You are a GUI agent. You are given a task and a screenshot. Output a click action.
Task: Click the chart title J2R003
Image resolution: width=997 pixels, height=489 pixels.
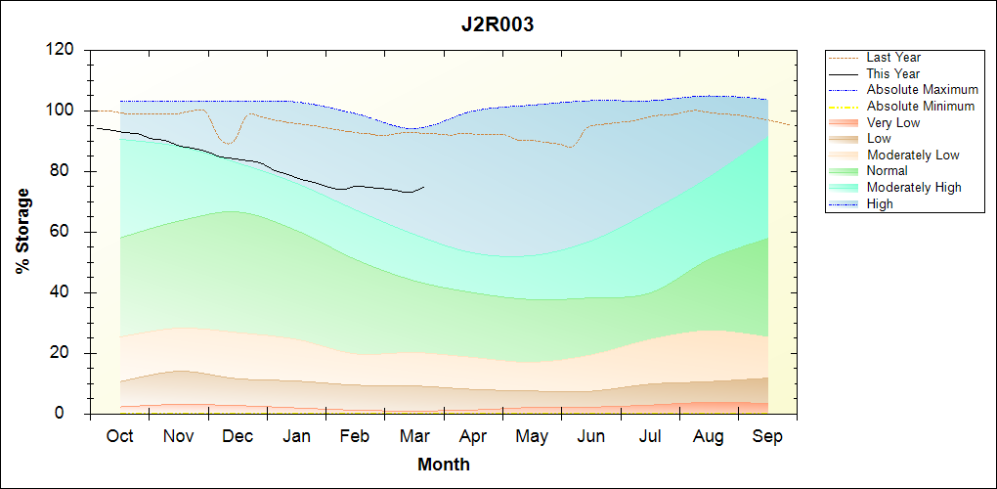498,25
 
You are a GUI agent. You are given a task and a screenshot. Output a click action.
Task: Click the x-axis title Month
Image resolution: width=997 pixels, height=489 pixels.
444,465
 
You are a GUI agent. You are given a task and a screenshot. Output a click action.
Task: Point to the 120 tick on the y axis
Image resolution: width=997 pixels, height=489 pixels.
63,50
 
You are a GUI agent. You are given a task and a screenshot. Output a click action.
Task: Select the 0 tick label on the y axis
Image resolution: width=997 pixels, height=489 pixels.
71,414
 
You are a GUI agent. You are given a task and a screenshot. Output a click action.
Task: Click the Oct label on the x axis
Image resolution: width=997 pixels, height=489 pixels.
119,436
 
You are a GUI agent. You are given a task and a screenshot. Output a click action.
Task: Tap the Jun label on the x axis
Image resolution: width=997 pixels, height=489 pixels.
591,436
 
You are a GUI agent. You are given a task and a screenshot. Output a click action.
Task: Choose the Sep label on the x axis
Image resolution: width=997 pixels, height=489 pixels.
767,436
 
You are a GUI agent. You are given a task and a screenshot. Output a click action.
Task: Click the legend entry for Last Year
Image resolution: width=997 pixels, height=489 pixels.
893,58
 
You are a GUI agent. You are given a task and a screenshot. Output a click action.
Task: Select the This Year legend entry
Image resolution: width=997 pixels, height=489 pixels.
893,73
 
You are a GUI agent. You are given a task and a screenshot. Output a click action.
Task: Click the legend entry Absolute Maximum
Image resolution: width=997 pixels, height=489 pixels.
922,90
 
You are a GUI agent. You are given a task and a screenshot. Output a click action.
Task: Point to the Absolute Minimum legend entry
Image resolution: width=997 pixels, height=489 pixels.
921,106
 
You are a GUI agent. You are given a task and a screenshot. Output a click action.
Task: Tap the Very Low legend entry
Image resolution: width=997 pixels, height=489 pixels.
893,122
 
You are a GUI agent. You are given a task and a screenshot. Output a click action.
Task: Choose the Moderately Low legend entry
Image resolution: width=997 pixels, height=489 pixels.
913,155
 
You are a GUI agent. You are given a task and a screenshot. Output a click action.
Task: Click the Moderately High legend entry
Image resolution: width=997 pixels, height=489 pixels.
914,187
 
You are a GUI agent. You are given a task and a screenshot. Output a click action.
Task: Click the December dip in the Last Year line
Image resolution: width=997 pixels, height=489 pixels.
229,144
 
